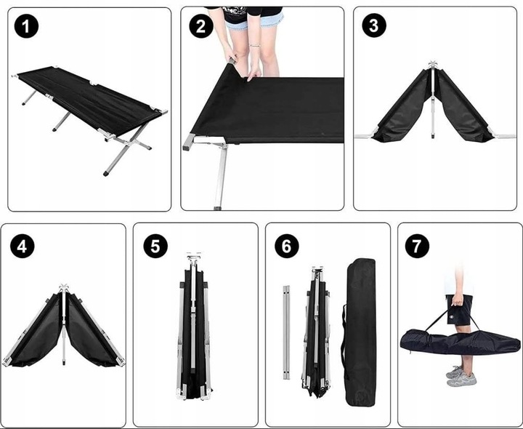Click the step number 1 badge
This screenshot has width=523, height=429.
pyautogui.click(x=26, y=26)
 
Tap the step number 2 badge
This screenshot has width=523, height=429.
pyautogui.click(x=200, y=26)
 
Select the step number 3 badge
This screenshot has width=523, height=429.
pyautogui.click(x=374, y=25)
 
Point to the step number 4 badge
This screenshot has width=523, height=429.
pyautogui.click(x=23, y=246)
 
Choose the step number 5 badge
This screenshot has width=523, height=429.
pyautogui.click(x=155, y=246)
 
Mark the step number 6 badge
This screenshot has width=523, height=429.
pyautogui.click(x=286, y=246)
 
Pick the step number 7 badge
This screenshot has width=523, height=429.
pyautogui.click(x=417, y=246)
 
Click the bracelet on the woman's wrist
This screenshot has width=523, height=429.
pyautogui.click(x=255, y=45)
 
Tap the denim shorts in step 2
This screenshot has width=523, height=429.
pyautogui.click(x=254, y=20)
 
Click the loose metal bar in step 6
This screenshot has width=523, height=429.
pyautogui.click(x=286, y=332)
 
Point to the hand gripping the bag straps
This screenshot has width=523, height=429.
pyautogui.click(x=458, y=300)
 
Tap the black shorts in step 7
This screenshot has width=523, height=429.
pyautogui.click(x=459, y=310)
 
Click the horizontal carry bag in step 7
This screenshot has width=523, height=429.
pyautogui.click(x=460, y=341)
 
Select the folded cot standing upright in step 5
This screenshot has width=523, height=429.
pyautogui.click(x=194, y=327)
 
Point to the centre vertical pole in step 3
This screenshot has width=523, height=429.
pyautogui.click(x=433, y=100)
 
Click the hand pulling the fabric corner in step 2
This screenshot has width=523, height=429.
pyautogui.click(x=254, y=73)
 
